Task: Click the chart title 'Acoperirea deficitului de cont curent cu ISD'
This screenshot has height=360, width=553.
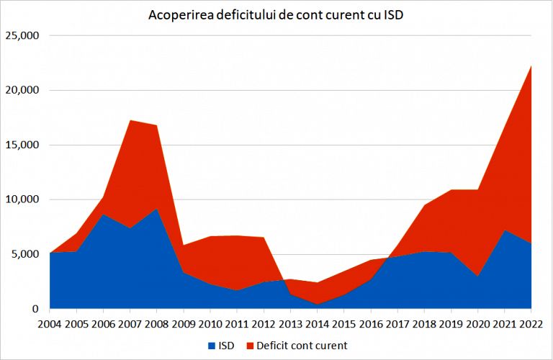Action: click(276, 15)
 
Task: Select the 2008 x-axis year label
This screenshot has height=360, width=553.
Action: click(156, 324)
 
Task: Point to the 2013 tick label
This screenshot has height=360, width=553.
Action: click(290, 324)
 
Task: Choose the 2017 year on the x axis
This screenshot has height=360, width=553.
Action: click(397, 324)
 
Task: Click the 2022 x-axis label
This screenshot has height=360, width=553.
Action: click(531, 324)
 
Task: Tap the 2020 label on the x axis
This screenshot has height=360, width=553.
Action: click(478, 324)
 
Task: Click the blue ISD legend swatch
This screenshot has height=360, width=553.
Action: click(212, 346)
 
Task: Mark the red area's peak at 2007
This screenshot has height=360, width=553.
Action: click(129, 120)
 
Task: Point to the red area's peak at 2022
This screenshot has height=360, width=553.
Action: click(531, 66)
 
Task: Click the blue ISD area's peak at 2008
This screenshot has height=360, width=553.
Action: click(156, 209)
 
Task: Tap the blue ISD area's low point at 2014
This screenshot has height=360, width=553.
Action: click(317, 305)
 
